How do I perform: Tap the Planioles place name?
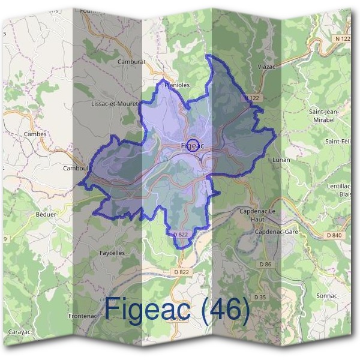tap(176, 85)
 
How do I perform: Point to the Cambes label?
tap(35, 134)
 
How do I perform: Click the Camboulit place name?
tap(77, 168)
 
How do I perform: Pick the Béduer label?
tap(46, 214)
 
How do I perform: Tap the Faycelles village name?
tap(112, 253)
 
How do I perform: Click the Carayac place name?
tap(21, 331)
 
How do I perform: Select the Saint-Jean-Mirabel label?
tap(324, 115)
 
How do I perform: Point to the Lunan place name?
tap(281, 160)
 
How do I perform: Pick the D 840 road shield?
tap(332, 235)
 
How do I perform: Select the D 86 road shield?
tap(265, 264)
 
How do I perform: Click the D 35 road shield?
tap(259, 297)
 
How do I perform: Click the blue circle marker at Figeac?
tap(193, 145)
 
